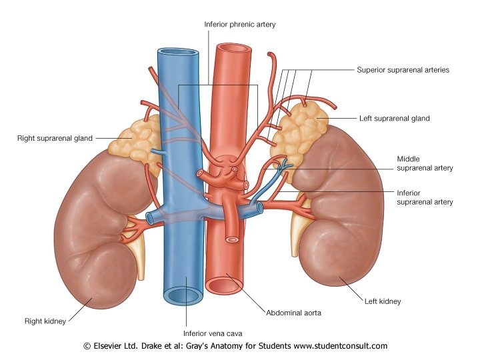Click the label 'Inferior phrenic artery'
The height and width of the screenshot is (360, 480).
tap(239, 25)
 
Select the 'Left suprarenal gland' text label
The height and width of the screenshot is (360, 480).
tap(394, 119)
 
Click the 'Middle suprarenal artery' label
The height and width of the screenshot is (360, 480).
tap(425, 163)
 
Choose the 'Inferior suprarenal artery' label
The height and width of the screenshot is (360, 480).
tap(425, 197)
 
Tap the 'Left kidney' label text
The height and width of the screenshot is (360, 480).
tap(383, 301)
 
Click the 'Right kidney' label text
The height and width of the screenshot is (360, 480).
tap(45, 321)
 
